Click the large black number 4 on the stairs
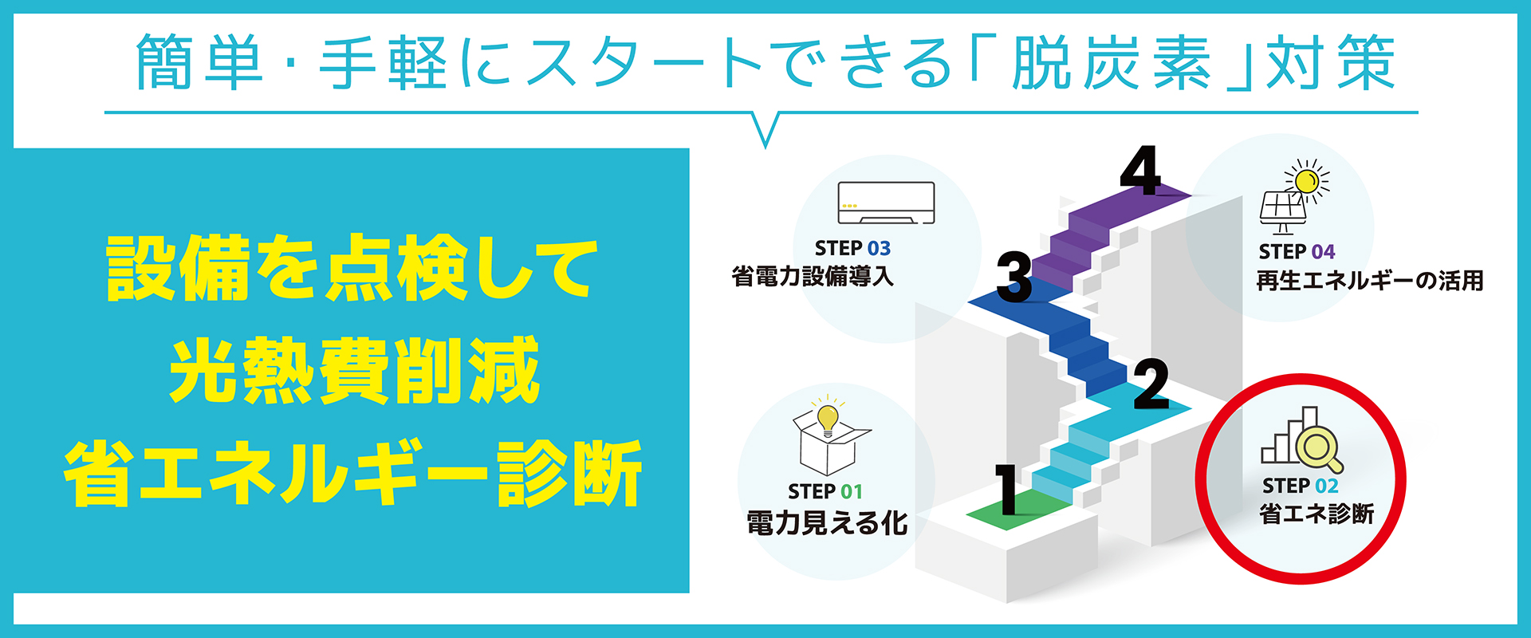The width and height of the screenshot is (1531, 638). coord(1140,171)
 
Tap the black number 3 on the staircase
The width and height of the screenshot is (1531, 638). coord(1014,278)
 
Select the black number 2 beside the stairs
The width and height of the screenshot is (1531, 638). coord(1151,385)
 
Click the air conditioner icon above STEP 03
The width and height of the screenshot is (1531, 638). coord(886,203)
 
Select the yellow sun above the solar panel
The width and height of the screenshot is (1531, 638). coord(1306,181)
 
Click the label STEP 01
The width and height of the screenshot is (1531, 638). coord(825,491)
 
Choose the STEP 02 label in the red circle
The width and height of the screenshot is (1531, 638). coord(1300,486)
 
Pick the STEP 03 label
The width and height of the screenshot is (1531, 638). coord(852,249)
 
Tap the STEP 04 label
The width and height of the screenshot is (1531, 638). coord(1297,252)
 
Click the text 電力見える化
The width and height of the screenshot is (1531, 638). coord(827,523)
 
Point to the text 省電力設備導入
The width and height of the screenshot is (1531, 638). coord(813,278)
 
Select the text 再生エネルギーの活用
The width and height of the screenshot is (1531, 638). coord(1369,281)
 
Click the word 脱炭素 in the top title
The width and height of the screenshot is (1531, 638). coord(1111,62)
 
